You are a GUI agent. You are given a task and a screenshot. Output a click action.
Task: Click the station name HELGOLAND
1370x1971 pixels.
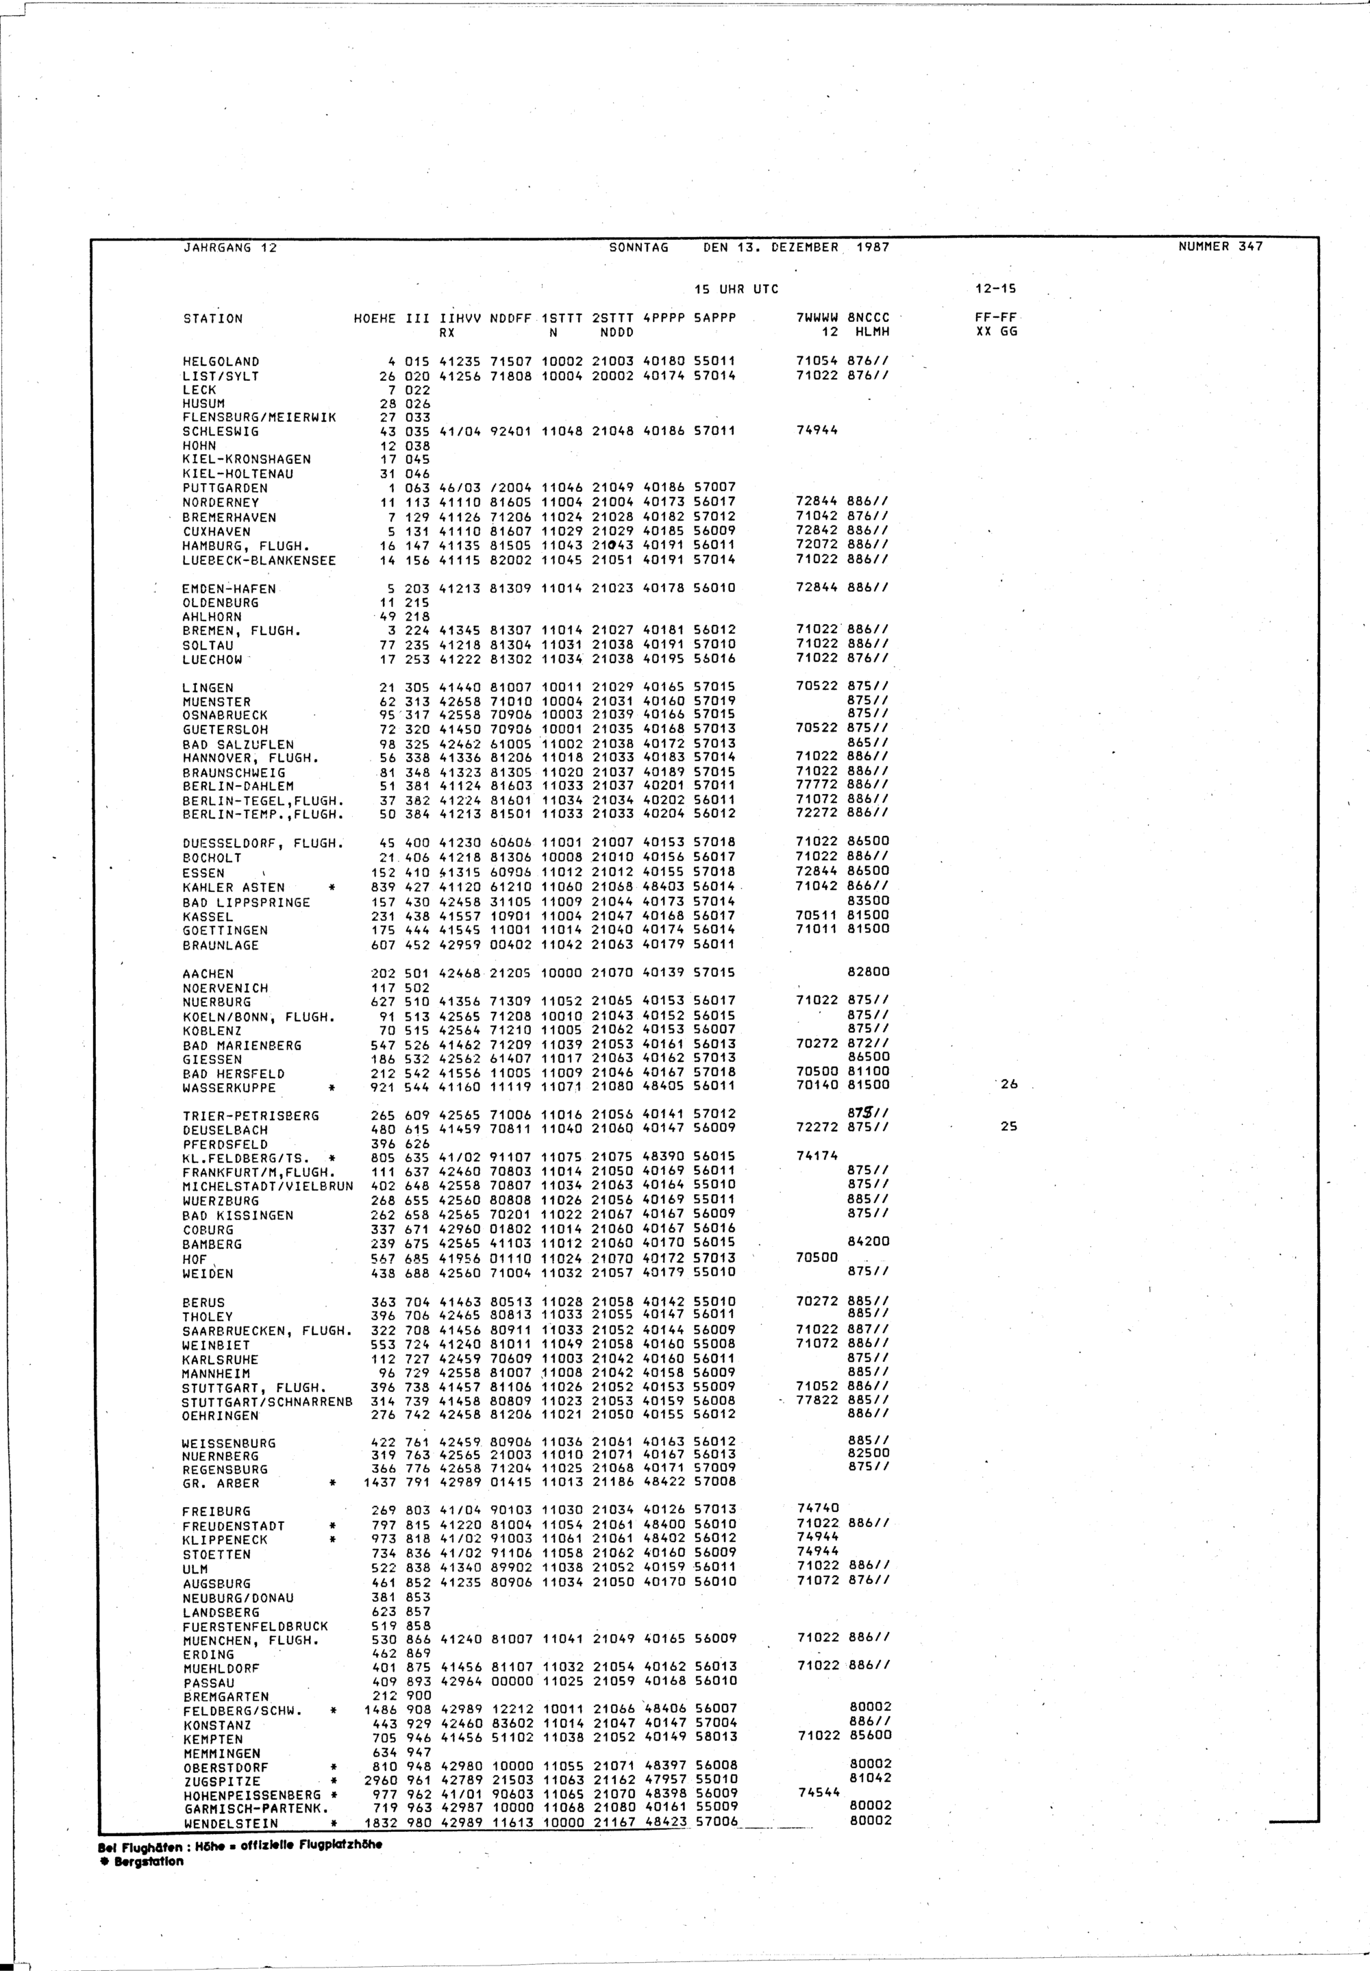tap(221, 362)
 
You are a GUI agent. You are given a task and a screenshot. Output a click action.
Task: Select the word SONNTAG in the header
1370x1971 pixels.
tap(638, 247)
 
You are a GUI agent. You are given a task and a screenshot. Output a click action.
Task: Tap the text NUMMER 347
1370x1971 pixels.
tap(1221, 247)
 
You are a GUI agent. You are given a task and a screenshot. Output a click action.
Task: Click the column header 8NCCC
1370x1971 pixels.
tap(869, 319)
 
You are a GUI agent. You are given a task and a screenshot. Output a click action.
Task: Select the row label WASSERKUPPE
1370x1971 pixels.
tap(229, 1088)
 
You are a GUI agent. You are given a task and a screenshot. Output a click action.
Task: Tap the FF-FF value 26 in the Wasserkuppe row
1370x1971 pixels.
tap(1008, 1084)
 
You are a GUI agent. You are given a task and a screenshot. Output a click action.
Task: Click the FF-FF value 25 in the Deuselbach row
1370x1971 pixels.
tap(1008, 1126)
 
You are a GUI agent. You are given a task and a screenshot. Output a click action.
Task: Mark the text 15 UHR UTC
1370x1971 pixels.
tap(736, 289)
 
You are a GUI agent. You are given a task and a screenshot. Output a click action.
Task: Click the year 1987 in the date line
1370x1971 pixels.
tap(872, 247)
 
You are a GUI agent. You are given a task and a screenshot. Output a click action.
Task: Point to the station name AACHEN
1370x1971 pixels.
tap(208, 974)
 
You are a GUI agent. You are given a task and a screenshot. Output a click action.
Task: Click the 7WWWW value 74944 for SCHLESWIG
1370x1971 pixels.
tap(817, 431)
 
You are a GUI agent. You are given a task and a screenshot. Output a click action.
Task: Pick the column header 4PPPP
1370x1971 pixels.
tap(664, 319)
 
